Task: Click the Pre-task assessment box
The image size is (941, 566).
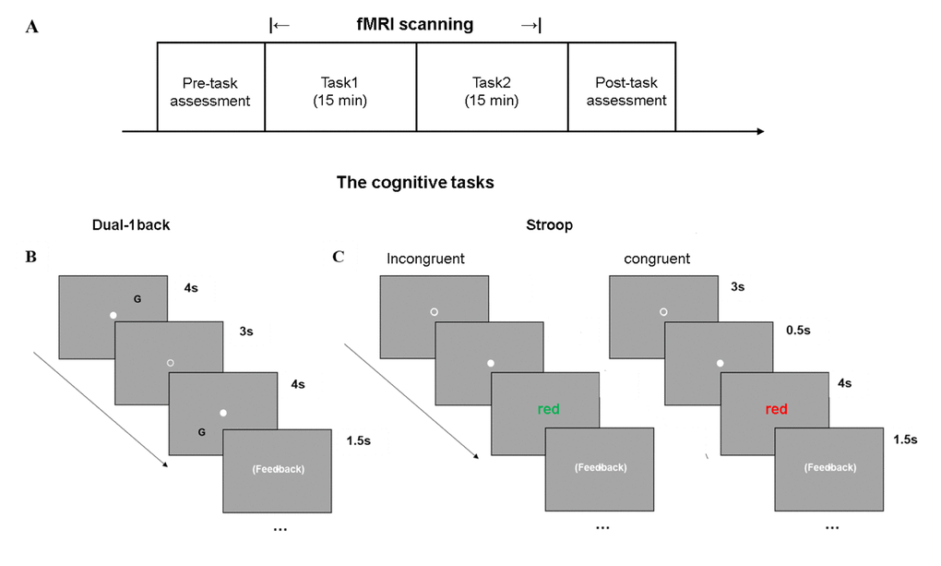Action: point(210,91)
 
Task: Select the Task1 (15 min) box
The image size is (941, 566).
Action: point(339,91)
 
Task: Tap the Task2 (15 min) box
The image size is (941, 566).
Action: point(491,91)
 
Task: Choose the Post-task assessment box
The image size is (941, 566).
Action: point(621,91)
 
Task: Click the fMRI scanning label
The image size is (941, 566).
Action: point(414,25)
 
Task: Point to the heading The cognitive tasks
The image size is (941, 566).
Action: point(414,183)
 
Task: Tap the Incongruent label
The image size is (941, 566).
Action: point(425,259)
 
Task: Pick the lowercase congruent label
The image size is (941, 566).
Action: point(656,259)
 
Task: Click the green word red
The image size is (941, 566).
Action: point(548,409)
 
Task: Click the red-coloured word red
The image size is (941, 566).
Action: point(776,409)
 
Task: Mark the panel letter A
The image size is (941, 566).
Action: point(33,27)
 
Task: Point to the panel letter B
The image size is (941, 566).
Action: point(31,257)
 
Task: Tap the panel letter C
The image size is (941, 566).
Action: point(338,256)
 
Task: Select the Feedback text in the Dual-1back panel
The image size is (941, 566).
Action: point(278,469)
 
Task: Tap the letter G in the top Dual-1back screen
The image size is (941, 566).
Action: point(137,299)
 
